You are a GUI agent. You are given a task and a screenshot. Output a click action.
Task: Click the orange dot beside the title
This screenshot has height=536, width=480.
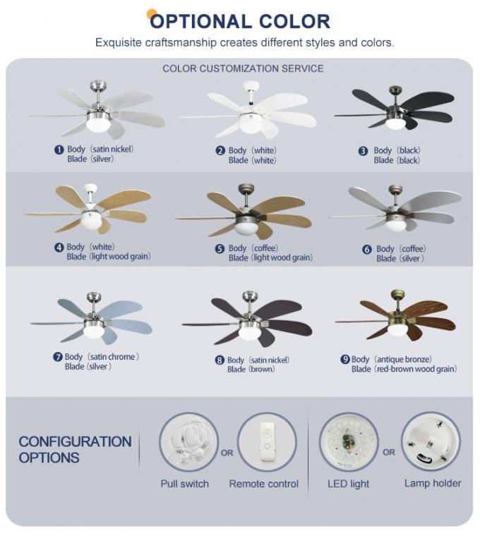(x=151, y=14)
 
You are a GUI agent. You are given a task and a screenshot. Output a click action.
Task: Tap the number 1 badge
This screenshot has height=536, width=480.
(x=59, y=150)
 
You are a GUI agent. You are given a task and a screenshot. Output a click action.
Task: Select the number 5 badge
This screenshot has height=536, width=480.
(x=220, y=248)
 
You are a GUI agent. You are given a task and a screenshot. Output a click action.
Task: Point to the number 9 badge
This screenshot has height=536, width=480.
(x=345, y=360)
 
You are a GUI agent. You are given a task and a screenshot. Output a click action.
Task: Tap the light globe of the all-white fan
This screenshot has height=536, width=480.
(x=248, y=123)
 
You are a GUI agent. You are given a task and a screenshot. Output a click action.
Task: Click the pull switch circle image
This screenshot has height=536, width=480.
(x=189, y=441)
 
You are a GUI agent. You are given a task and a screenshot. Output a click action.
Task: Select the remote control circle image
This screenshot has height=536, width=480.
(x=266, y=441)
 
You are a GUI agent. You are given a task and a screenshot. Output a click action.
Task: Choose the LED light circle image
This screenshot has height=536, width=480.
(x=349, y=441)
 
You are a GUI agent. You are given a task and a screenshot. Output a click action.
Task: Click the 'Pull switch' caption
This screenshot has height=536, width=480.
(x=185, y=484)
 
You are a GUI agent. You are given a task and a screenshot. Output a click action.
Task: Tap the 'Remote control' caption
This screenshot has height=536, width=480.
(x=263, y=484)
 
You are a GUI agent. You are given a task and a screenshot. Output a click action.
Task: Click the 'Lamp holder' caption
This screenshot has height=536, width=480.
(x=433, y=483)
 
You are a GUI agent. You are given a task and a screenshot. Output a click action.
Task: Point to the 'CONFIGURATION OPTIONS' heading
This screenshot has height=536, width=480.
(x=75, y=449)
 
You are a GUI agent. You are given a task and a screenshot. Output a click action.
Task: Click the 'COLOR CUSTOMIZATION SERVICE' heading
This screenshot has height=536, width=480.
(x=243, y=68)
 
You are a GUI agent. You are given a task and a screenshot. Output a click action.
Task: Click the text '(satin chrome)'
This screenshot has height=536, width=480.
(x=112, y=357)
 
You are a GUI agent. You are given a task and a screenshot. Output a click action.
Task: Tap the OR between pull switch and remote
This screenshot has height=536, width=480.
(x=227, y=453)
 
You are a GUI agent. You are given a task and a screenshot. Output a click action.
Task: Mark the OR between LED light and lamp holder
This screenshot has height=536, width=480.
(x=389, y=452)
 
